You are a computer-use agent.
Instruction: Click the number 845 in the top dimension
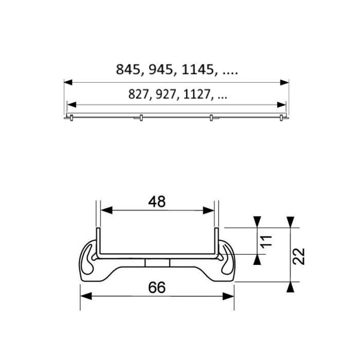[x=128, y=70]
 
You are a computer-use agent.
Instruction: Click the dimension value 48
[x=157, y=202]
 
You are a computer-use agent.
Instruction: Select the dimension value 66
[x=157, y=289]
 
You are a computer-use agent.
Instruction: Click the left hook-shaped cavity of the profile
[x=91, y=260]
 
